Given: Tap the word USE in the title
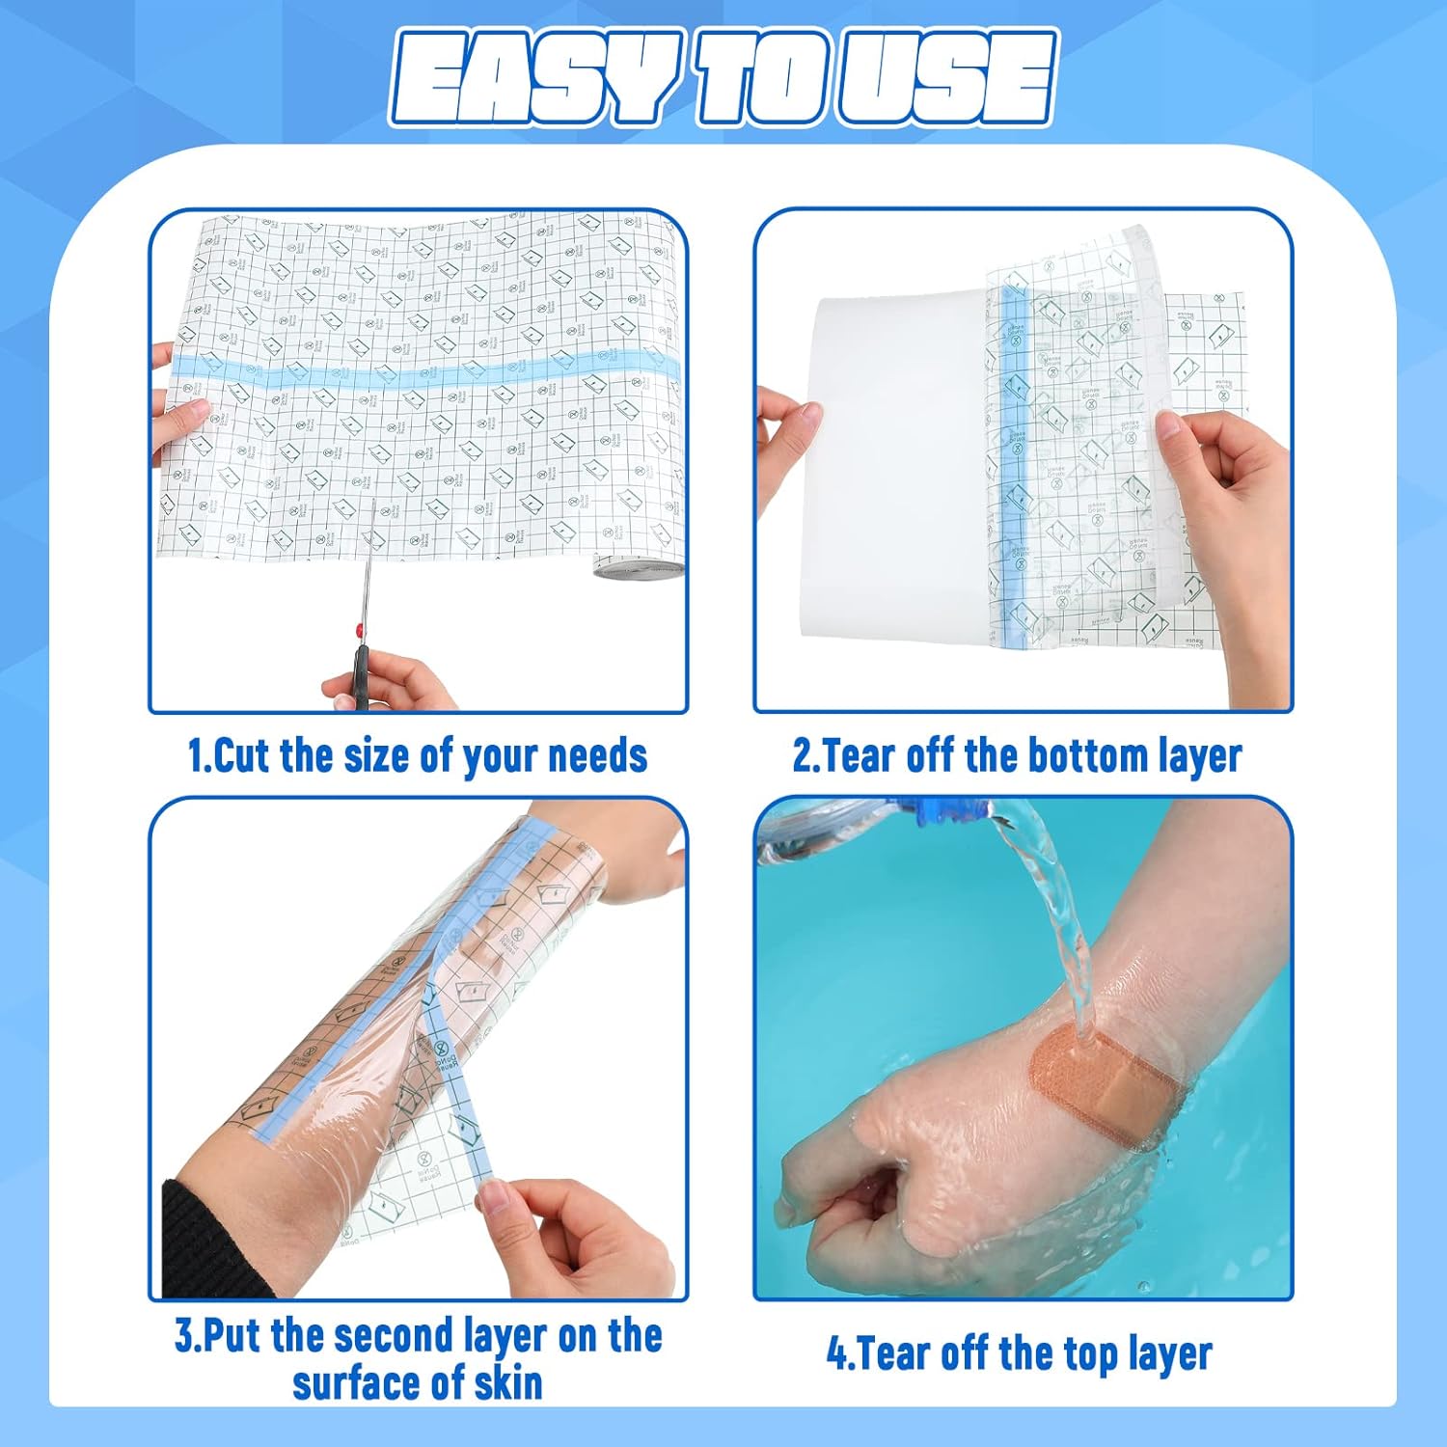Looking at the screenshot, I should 945,79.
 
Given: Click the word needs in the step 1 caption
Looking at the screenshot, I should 597,755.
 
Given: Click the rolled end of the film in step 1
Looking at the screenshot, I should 637,568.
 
